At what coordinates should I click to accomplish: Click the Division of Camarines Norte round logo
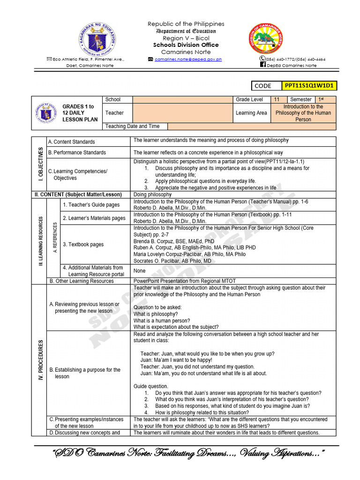click(265, 38)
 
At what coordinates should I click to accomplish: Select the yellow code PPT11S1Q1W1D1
click(316, 85)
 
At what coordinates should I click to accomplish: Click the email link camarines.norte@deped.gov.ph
click(188, 60)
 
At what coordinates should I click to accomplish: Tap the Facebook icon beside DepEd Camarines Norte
click(263, 66)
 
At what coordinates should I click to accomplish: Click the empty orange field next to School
click(183, 99)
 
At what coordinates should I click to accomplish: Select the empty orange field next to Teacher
click(183, 113)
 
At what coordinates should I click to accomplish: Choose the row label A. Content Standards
click(71, 142)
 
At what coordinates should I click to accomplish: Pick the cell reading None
click(139, 271)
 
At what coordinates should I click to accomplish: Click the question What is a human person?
click(158, 321)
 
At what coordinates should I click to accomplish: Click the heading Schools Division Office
click(186, 45)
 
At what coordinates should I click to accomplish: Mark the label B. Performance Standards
click(77, 152)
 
